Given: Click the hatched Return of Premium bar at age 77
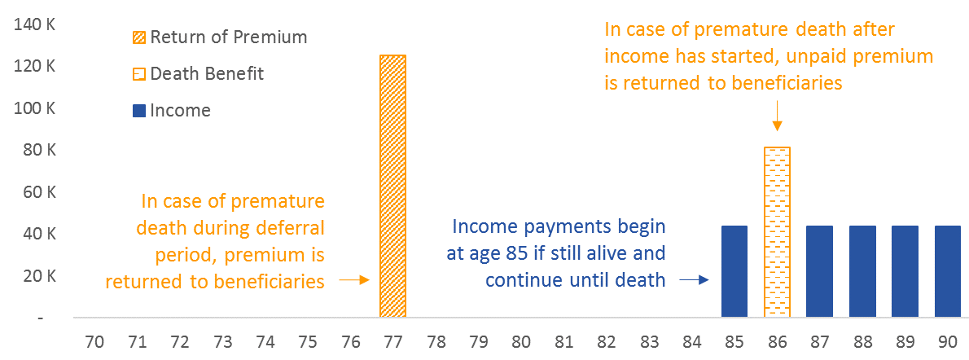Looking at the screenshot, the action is tap(392, 187).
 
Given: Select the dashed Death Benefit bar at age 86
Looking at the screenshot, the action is tap(778, 233).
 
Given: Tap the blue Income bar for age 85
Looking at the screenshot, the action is tap(734, 271).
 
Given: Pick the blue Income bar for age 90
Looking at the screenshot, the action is tap(948, 271).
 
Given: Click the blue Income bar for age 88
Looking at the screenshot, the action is tap(862, 271).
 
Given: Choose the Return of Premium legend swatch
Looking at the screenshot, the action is tap(140, 37).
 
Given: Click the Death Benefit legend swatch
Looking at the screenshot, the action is tap(140, 74).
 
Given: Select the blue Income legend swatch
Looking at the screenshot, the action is tap(140, 111).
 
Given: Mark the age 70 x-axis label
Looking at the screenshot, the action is tap(94, 342).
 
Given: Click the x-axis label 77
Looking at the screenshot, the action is tap(393, 342).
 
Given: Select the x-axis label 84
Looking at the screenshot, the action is tap(692, 342).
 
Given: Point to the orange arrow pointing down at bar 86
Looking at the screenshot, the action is tap(778, 116).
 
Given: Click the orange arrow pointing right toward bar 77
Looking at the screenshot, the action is tap(355, 280).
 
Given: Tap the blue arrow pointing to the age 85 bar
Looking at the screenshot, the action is tap(695, 280).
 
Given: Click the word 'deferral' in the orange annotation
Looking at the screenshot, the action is tap(289, 227).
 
